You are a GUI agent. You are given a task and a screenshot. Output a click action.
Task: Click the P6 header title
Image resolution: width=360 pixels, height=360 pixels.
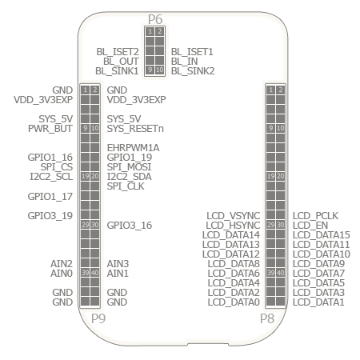click(x=155, y=19)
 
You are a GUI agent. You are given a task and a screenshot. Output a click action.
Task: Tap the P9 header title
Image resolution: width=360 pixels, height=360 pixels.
click(x=98, y=318)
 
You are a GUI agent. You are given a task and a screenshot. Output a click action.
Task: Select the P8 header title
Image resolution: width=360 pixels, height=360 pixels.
click(x=267, y=318)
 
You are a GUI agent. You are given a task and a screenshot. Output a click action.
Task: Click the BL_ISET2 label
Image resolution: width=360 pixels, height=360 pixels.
click(x=118, y=52)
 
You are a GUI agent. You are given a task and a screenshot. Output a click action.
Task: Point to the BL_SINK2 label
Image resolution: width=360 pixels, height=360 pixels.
click(x=193, y=71)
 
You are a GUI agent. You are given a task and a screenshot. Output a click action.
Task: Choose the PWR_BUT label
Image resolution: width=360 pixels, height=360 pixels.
click(x=50, y=129)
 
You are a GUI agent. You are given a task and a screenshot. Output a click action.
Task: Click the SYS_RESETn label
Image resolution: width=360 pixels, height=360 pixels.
click(x=135, y=129)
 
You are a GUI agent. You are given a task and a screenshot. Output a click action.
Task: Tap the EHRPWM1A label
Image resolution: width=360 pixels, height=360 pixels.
click(x=133, y=148)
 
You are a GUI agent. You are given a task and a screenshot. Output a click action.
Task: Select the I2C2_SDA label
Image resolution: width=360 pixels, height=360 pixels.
click(x=129, y=177)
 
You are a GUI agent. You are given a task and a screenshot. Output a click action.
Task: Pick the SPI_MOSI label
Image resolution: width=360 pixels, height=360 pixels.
click(x=129, y=167)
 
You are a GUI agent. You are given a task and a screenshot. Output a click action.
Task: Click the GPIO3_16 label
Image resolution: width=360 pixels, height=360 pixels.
click(x=130, y=226)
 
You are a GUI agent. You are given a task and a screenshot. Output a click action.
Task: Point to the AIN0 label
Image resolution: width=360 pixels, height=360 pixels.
click(x=62, y=274)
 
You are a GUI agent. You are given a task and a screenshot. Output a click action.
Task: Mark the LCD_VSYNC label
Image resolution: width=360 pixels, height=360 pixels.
click(x=234, y=216)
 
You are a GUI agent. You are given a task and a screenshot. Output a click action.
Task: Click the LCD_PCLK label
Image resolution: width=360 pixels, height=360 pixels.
click(x=315, y=216)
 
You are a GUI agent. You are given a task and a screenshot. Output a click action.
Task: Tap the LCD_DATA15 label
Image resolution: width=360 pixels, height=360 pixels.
click(x=322, y=235)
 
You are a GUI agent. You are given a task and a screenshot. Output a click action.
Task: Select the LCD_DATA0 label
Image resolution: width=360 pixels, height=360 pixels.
click(x=234, y=302)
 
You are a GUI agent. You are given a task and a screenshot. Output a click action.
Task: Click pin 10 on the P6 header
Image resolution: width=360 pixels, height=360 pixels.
click(x=160, y=70)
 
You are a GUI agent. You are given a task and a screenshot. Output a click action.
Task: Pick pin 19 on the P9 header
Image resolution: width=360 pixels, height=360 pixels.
click(x=85, y=176)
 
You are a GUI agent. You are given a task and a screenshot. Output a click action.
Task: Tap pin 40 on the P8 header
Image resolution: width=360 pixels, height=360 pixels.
click(x=280, y=273)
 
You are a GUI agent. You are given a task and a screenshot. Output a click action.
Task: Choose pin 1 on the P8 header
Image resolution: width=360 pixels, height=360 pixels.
click(x=270, y=90)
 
